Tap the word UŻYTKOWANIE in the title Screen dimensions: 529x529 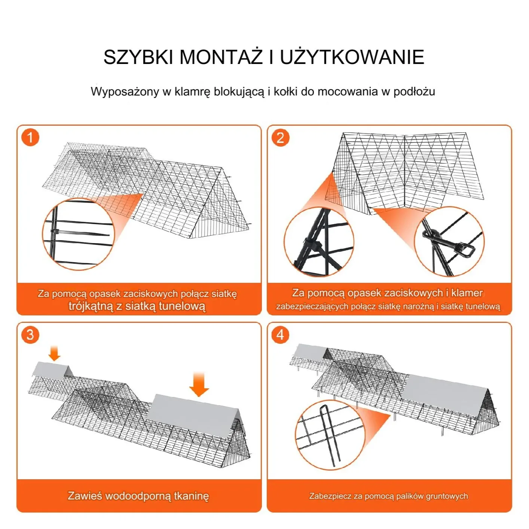click(x=352, y=57)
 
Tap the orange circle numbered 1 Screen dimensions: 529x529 click(x=30, y=138)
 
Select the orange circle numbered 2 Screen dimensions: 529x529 click(x=280, y=138)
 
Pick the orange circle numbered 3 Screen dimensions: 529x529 click(x=30, y=334)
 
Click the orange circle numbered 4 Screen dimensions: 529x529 click(x=280, y=334)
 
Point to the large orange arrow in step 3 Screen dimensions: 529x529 click(x=199, y=385)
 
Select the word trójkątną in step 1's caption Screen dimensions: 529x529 click(x=91, y=306)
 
